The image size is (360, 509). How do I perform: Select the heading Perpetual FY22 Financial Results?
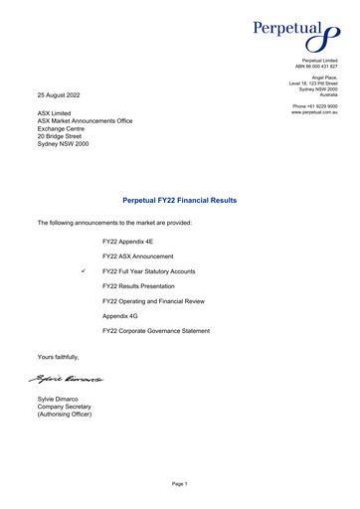point(179,200)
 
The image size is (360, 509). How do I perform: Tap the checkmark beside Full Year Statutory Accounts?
point(87,270)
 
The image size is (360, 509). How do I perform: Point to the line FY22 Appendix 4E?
point(129,242)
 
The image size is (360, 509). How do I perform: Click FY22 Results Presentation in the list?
point(144,285)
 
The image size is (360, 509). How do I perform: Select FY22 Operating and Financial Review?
point(159,300)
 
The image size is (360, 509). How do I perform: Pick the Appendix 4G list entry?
point(121,315)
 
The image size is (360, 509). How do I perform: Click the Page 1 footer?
point(179,482)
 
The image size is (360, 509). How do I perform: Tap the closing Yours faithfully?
point(58,356)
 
